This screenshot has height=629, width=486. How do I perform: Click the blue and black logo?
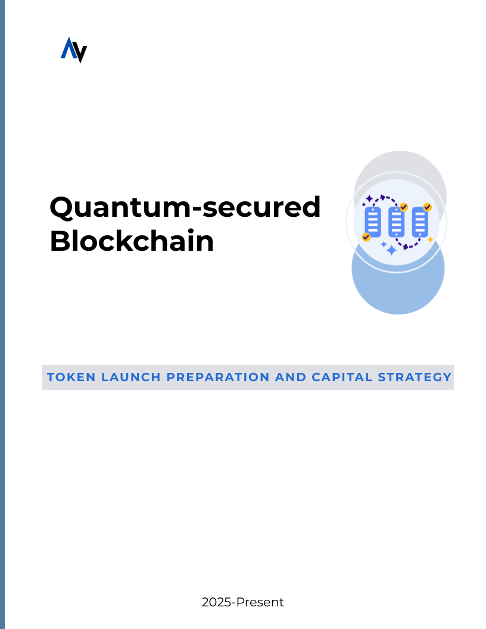pyautogui.click(x=74, y=50)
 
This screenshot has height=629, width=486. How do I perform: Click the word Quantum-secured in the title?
pyautogui.click(x=185, y=207)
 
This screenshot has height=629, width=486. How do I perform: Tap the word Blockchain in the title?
pyautogui.click(x=132, y=241)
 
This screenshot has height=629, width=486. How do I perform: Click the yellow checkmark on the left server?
pyautogui.click(x=366, y=237)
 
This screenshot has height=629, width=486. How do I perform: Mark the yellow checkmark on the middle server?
pyautogui.click(x=403, y=207)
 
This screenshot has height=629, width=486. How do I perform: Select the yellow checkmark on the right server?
pyautogui.click(x=427, y=207)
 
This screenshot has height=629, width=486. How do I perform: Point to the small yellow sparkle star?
pyautogui.click(x=430, y=239)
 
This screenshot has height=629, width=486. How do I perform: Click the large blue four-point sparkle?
pyautogui.click(x=391, y=250)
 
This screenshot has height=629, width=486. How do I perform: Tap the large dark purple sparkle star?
pyautogui.click(x=369, y=198)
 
